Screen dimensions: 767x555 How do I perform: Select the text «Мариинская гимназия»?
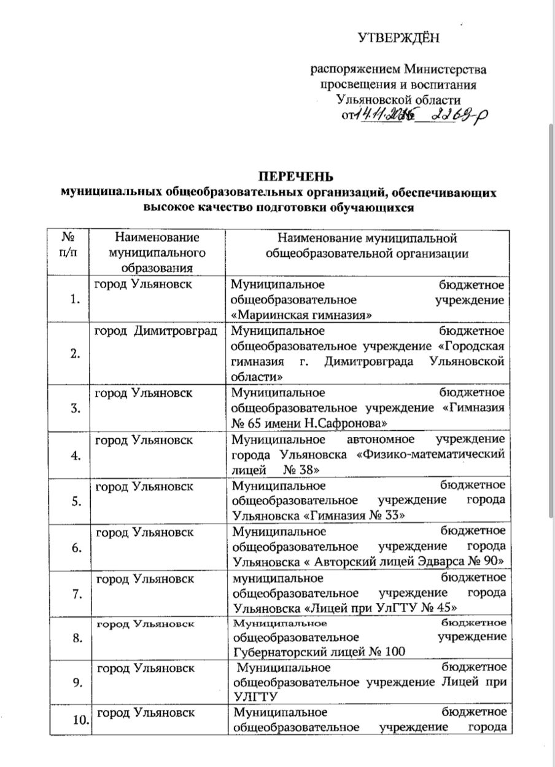click(302, 315)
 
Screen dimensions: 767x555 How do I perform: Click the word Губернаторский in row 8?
click(277, 651)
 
